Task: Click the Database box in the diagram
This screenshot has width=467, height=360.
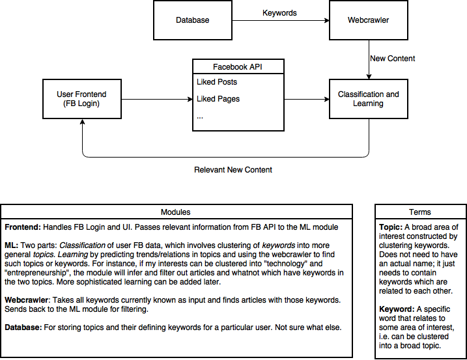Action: (x=193, y=20)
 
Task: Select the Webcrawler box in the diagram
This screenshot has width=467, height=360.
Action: (x=369, y=20)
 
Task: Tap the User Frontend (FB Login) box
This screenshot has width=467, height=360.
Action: (x=82, y=99)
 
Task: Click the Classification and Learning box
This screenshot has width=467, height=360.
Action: (x=369, y=99)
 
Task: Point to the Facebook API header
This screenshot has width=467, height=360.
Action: (x=238, y=66)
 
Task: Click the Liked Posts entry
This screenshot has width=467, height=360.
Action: (x=217, y=82)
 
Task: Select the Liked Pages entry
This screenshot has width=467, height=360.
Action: (x=218, y=99)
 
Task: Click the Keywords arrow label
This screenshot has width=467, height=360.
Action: (x=279, y=13)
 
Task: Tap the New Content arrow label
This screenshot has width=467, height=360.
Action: (x=392, y=59)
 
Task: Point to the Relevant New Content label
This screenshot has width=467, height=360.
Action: (x=233, y=170)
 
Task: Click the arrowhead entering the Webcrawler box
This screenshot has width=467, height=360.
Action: (x=327, y=20)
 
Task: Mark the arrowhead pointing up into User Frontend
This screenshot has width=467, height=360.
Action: (x=82, y=122)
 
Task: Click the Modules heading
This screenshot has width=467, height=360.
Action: (x=175, y=212)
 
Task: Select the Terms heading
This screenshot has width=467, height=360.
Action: (x=420, y=212)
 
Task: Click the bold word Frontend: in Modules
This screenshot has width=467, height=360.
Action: (x=23, y=227)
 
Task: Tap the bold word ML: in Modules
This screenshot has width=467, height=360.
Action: (x=11, y=245)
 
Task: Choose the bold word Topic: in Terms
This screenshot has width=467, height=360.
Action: (x=390, y=227)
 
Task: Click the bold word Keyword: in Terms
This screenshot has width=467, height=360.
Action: (x=397, y=309)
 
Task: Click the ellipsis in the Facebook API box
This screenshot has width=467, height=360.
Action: (x=200, y=117)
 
